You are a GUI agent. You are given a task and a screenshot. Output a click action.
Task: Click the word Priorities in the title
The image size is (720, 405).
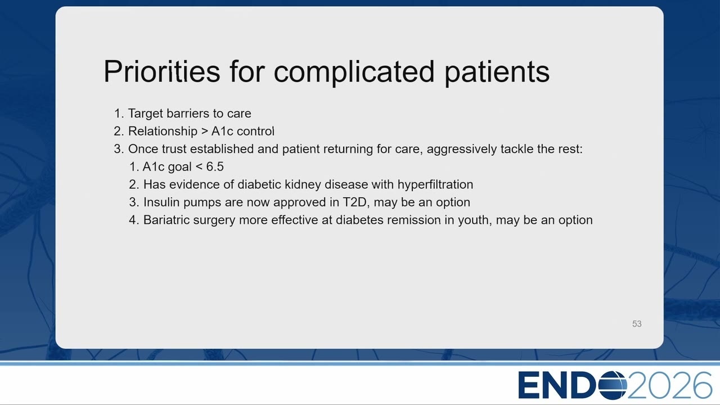click(161, 71)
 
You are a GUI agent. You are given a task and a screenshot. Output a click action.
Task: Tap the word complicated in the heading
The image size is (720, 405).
click(354, 73)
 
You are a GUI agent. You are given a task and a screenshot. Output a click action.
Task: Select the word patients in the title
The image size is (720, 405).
click(497, 73)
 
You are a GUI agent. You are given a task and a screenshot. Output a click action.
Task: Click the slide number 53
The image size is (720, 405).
click(637, 323)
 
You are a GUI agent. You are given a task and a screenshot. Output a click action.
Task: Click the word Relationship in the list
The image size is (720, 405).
click(163, 132)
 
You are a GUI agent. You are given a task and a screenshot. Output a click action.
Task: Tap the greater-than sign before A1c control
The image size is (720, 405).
click(204, 132)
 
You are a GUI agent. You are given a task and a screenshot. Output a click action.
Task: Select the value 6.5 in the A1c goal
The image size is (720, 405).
click(215, 166)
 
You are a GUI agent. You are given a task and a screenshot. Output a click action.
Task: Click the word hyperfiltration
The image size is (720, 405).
click(435, 185)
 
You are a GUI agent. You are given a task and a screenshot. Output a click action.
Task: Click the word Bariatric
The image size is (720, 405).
click(166, 220)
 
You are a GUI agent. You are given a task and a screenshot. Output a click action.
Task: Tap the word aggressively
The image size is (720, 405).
click(462, 150)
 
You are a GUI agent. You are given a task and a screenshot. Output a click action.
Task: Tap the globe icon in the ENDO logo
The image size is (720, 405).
click(612, 385)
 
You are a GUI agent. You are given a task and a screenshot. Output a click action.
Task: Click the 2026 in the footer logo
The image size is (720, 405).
click(669, 385)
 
